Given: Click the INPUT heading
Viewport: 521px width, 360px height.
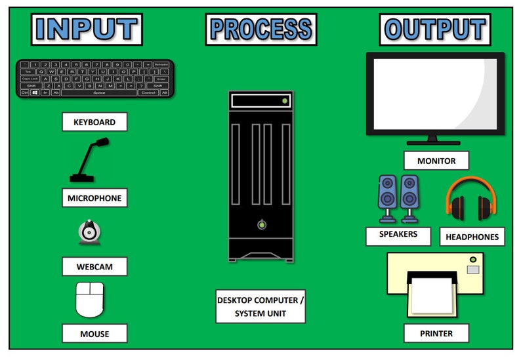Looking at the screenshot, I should tap(86, 30).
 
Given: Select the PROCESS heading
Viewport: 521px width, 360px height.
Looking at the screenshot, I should tap(260, 30).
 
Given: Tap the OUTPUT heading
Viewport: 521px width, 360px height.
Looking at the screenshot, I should tap(435, 30).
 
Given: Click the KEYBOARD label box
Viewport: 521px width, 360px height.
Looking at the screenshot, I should tap(94, 122).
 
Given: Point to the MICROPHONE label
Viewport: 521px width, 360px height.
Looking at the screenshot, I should tap(94, 198).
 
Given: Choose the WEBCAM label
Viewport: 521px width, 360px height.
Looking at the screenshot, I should tap(94, 267).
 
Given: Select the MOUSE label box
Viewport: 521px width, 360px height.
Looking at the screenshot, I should tap(94, 334).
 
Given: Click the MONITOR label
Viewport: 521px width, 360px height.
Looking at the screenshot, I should tap(436, 161).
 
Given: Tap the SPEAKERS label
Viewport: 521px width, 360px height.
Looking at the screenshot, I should tap(398, 235).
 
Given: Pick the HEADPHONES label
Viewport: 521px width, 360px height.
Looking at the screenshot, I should tap(472, 237).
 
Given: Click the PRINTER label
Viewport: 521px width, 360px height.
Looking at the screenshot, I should tap(436, 333).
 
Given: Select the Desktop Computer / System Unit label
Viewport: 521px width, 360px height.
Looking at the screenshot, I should tap(260, 306).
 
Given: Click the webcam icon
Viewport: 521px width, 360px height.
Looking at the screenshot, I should tap(90, 233).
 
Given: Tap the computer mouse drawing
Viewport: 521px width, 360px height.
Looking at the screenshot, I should tap(90, 300).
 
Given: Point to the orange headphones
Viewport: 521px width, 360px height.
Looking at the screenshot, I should tap(470, 199).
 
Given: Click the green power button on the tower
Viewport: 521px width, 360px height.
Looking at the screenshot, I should tap(262, 225).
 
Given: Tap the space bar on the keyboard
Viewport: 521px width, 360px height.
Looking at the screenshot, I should tap(98, 93).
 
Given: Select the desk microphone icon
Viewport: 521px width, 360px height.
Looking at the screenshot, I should tap(89, 161).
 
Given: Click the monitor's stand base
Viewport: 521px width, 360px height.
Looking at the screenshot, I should tap(432, 142).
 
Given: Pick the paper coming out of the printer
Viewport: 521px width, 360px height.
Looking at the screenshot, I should tap(432, 295).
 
